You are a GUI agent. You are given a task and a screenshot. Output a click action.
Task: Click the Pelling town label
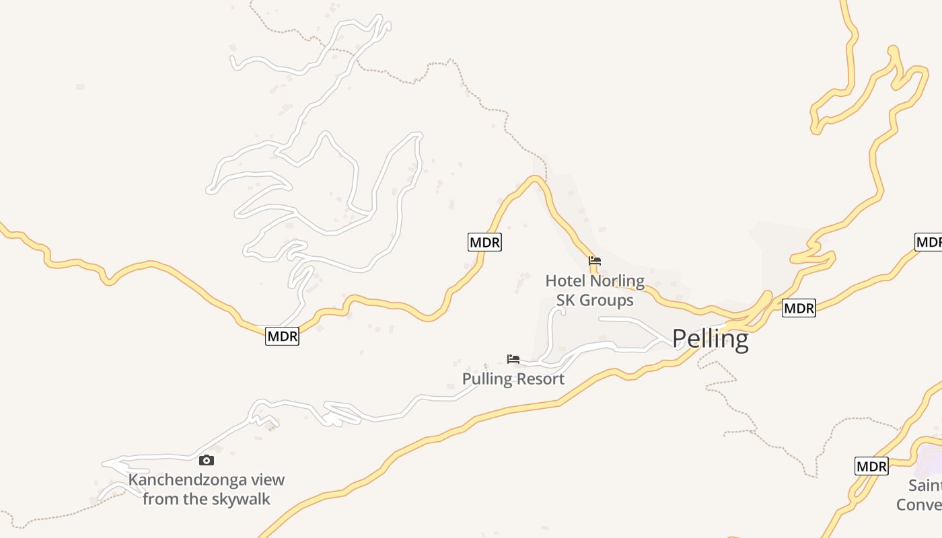(x=710, y=339)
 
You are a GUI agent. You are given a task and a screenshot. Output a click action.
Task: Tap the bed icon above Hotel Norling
(x=594, y=261)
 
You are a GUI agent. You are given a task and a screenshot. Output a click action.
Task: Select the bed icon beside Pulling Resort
(x=513, y=359)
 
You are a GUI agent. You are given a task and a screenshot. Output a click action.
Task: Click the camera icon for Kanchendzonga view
(x=207, y=461)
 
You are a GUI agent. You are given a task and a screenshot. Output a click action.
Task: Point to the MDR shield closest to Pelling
(x=799, y=309)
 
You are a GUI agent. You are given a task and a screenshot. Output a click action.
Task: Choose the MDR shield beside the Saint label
(x=871, y=466)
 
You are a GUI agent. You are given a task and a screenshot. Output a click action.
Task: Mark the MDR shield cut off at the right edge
(x=929, y=242)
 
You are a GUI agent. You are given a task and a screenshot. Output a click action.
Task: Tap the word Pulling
(x=487, y=379)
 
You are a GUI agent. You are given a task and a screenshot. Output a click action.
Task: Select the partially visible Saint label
(x=925, y=485)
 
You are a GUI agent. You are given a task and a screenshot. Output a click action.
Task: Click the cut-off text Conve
(x=919, y=504)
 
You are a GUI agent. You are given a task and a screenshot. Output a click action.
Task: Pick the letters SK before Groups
(x=565, y=300)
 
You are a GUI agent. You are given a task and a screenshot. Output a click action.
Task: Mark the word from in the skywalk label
(x=159, y=499)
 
